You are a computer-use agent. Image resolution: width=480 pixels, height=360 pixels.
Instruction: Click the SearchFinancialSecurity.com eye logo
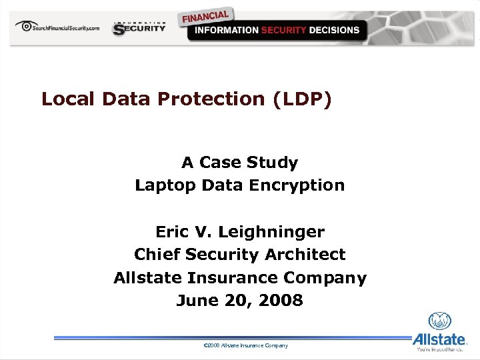(x=27, y=27)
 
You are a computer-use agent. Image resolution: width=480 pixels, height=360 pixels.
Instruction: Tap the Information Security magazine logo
(x=139, y=28)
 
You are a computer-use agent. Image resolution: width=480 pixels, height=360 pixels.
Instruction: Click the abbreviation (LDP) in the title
(x=301, y=99)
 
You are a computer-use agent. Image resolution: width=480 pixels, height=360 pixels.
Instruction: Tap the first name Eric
(x=172, y=232)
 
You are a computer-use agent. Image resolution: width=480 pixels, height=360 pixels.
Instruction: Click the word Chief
(x=157, y=255)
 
